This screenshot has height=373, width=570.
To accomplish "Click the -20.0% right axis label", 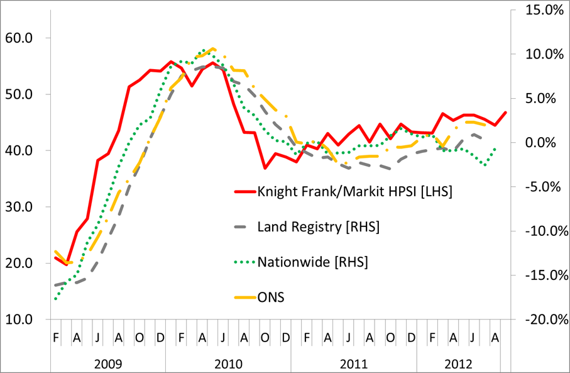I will click(x=538, y=319).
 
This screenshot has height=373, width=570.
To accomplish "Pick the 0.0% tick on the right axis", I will click(x=543, y=143).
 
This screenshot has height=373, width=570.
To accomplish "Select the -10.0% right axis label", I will click(x=538, y=231).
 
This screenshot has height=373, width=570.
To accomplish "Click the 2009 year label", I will click(x=108, y=363).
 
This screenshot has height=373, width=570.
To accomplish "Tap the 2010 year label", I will click(x=227, y=363).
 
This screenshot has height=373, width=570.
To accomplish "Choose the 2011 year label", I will click(x=353, y=363).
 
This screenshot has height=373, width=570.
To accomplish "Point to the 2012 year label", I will click(x=459, y=363).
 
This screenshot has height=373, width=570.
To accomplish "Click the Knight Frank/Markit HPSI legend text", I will click(x=355, y=191).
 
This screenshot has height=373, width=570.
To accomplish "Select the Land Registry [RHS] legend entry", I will click(x=319, y=226).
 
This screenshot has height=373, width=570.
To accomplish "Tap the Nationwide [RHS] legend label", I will click(x=312, y=262).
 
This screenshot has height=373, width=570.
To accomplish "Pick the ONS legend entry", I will click(x=271, y=297).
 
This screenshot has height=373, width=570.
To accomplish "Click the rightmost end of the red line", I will click(x=506, y=113).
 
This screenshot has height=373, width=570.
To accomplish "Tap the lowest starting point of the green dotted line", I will click(x=55, y=299).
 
